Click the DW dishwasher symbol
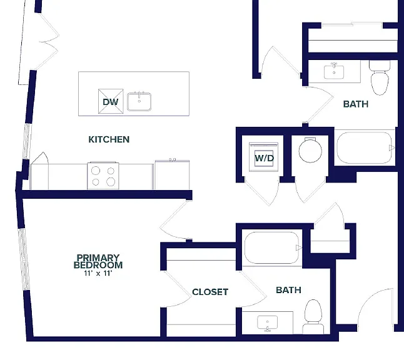coord(111,101)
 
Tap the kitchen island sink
coord(139,101)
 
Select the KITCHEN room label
coord(109,139)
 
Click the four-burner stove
coord(103,176)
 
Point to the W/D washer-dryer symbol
coord(264,157)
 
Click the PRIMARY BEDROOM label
coord(98,261)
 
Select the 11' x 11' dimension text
coord(98,273)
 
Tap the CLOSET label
coord(210,292)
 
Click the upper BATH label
coord(356,104)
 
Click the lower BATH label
coord(288,290)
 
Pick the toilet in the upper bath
coord(380,77)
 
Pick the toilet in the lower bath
coord(313,317)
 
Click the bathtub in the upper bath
coord(365,147)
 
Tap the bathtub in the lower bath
coord(272,247)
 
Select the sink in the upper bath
coord(334,72)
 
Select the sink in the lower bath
coord(268,323)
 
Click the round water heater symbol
coord(310,151)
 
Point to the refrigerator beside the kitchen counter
coord(172,174)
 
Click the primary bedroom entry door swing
coord(176,220)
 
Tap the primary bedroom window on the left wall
coord(24,259)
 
